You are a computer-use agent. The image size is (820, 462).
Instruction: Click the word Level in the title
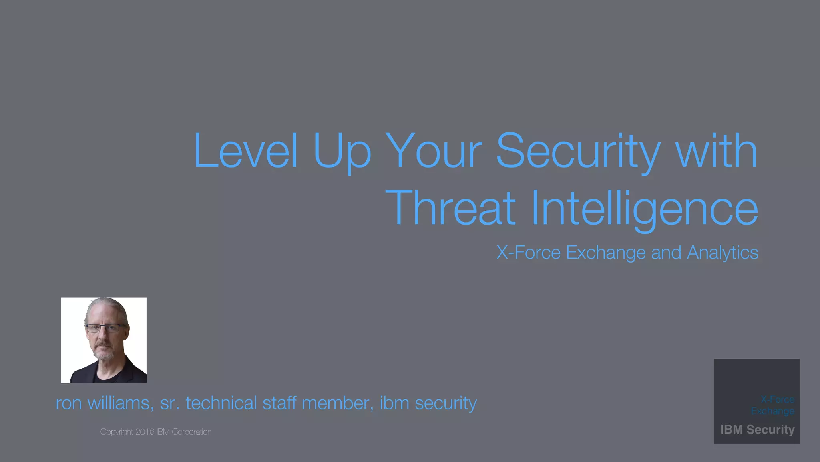coord(246,151)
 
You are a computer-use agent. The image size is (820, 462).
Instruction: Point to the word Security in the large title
coord(578,152)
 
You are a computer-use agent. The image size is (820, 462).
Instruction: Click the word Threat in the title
coord(450,209)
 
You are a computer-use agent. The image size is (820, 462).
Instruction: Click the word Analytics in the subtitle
coord(722,253)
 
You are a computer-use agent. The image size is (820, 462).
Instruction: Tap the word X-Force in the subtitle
coord(529,253)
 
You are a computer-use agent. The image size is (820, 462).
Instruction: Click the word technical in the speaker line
coord(221,403)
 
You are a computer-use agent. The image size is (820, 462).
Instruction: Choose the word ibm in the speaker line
coord(394,403)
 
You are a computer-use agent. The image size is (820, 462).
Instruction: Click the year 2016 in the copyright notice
coord(145,432)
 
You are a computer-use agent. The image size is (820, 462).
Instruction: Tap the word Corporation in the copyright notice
coord(191,432)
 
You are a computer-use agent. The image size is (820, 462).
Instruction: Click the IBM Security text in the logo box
coord(757,430)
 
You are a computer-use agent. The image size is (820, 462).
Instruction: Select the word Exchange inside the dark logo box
coord(772,411)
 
